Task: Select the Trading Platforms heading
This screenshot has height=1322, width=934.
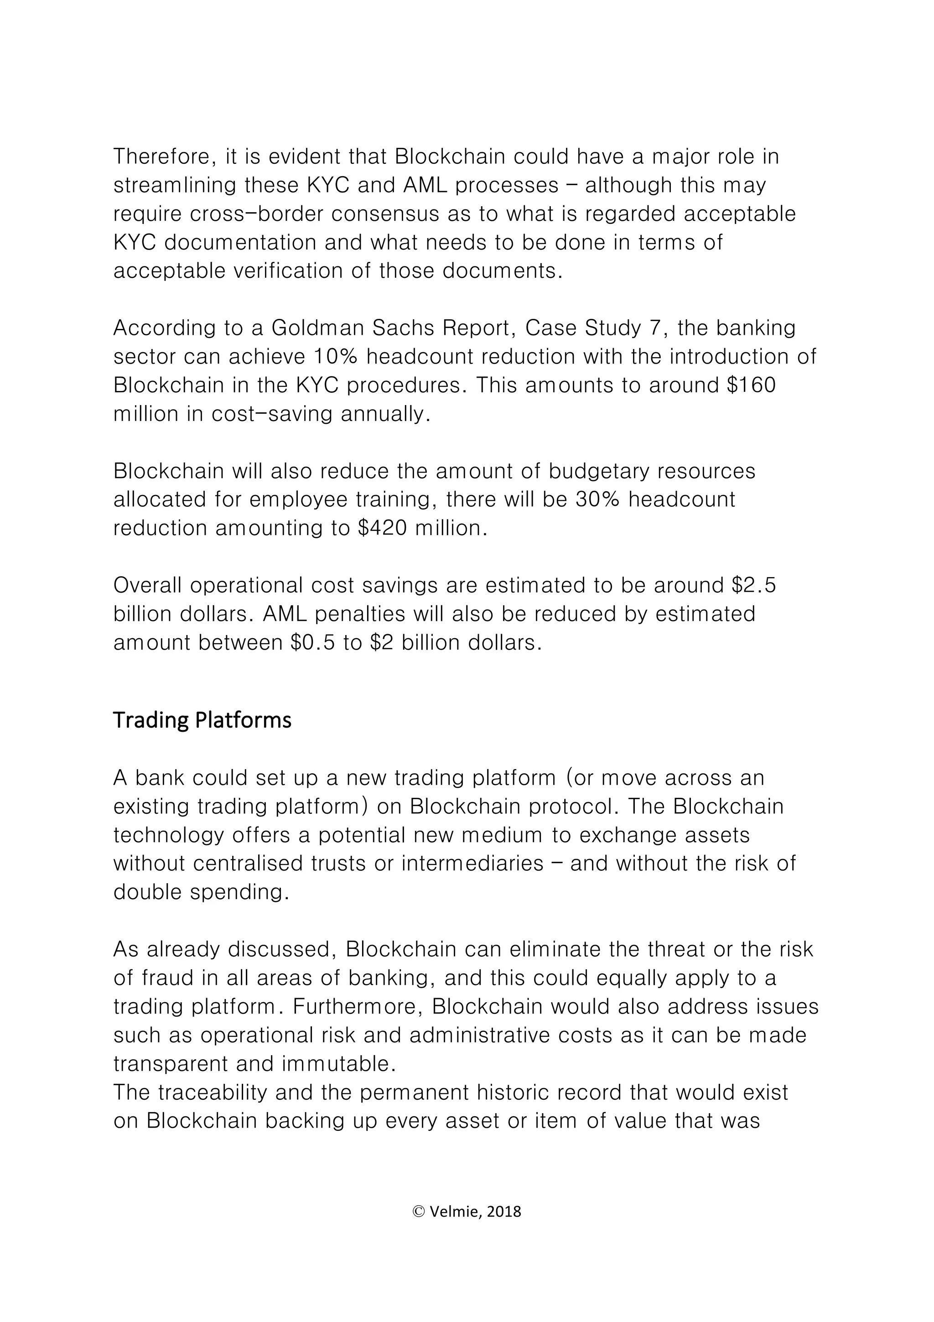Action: coord(202,720)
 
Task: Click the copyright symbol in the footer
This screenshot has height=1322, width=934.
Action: coord(419,1212)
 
